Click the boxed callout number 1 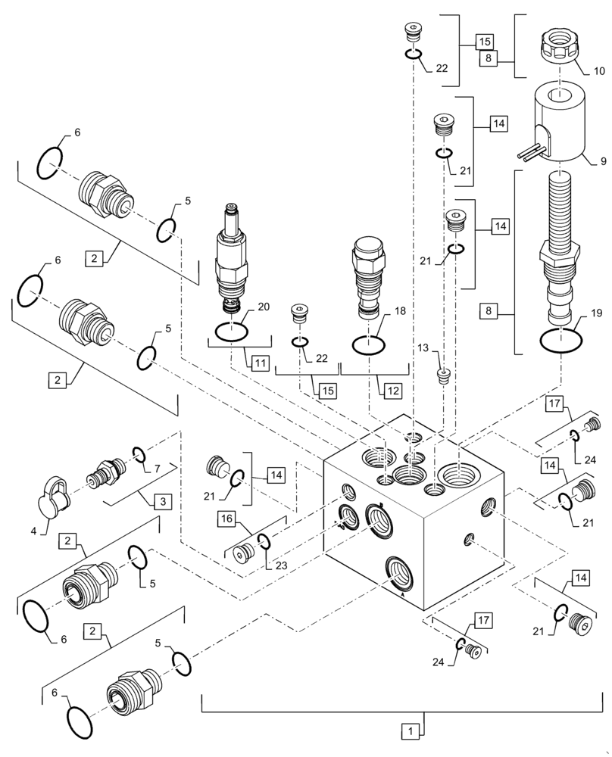click(409, 731)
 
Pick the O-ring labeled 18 click(368, 344)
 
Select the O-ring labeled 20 click(230, 331)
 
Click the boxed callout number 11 click(260, 363)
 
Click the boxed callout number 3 click(160, 501)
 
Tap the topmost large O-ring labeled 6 click(49, 163)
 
